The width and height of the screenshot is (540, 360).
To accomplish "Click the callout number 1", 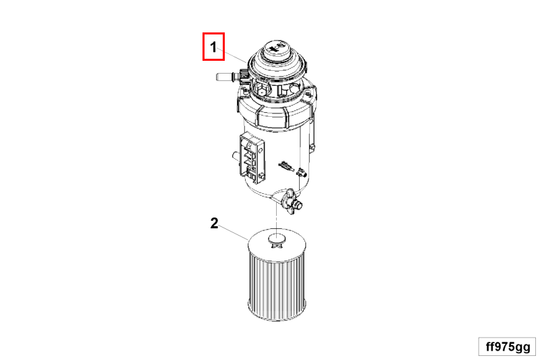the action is coord(213,47).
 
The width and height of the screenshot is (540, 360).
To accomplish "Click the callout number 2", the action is coord(214,224).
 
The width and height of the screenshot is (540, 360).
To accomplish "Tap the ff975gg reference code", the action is coord(508,347).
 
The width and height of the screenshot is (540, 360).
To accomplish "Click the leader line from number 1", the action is coord(232,55).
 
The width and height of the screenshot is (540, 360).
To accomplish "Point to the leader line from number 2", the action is coord(234,232).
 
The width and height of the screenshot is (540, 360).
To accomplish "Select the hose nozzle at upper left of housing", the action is coord(224,76).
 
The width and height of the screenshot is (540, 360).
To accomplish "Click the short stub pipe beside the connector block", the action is coord(236,156).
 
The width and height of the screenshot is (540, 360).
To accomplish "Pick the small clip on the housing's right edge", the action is coord(313,147).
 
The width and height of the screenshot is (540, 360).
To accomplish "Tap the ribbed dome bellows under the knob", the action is coord(277,66).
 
